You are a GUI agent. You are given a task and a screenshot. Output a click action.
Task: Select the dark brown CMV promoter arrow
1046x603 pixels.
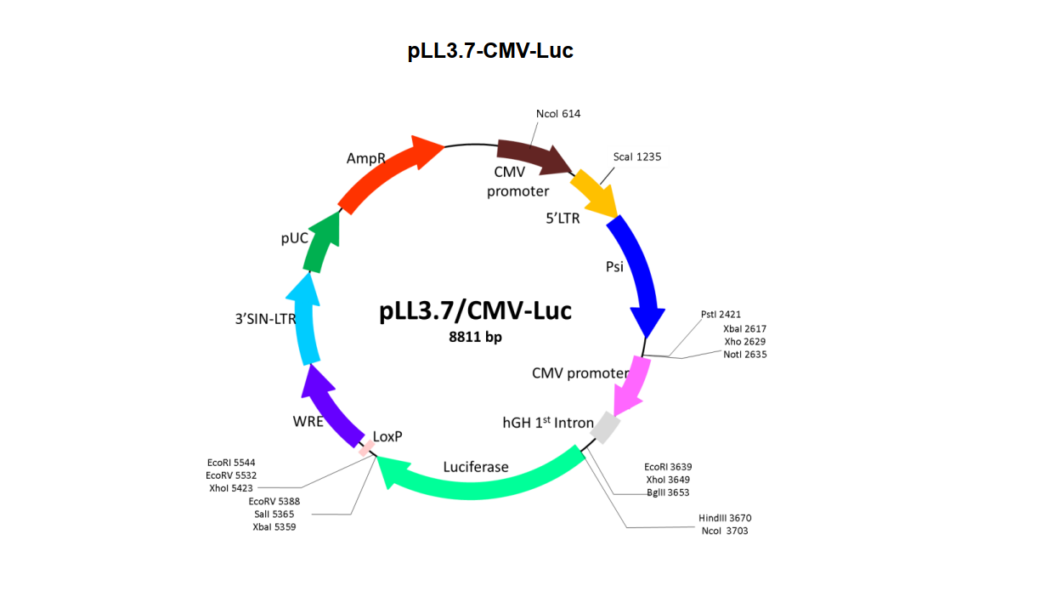(x=532, y=156)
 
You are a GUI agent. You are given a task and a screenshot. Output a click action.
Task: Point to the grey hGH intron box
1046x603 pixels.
(x=606, y=427)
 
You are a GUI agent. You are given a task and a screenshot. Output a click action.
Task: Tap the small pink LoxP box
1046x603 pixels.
(x=366, y=448)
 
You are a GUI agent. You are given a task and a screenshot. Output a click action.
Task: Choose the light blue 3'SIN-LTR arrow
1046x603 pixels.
(x=304, y=318)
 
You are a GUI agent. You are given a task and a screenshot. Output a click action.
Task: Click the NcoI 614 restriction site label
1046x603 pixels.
(x=558, y=114)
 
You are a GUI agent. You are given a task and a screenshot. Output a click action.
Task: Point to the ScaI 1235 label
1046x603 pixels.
(x=637, y=156)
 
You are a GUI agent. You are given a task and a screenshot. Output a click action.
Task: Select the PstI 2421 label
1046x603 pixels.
(x=721, y=314)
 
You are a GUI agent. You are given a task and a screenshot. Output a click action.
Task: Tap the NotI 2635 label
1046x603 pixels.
(x=745, y=355)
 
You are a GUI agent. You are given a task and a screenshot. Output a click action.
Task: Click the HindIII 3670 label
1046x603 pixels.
(x=725, y=518)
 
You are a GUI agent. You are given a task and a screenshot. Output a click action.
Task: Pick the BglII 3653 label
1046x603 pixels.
(x=668, y=492)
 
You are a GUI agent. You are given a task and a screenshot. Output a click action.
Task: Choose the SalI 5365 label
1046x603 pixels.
(x=274, y=515)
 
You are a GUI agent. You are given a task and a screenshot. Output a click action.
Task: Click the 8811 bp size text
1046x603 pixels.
(x=475, y=337)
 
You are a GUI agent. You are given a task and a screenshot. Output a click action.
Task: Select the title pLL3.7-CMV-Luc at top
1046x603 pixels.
(x=490, y=50)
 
